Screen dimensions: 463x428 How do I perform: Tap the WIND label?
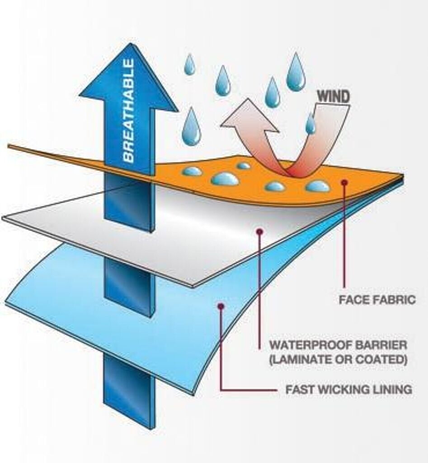point(334,96)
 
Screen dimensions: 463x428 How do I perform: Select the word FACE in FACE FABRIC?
point(353,300)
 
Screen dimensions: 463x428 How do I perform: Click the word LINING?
point(393,389)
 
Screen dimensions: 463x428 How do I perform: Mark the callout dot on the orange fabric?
point(344,182)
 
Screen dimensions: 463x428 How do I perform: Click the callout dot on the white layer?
point(259,231)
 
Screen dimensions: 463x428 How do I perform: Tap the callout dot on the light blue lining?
point(221,306)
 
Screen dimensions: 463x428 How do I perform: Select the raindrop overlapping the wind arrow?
point(310,124)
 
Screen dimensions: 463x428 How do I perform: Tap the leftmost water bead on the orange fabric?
point(193,171)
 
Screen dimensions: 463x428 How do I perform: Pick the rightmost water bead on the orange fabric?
point(317,186)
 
